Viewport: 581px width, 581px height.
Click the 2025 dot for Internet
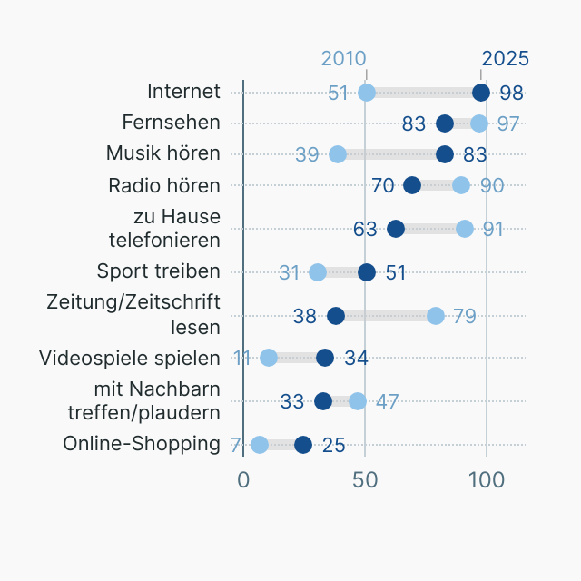(x=481, y=93)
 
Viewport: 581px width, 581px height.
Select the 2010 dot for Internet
(x=367, y=93)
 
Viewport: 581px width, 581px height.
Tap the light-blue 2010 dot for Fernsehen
(x=479, y=123)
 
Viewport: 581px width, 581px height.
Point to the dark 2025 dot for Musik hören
(x=445, y=154)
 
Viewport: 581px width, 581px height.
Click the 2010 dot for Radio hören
(x=461, y=185)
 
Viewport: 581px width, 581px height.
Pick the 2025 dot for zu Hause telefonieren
(x=396, y=229)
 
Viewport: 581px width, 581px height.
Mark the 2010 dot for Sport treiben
(x=318, y=272)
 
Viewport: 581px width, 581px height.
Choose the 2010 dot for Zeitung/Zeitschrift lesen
(x=436, y=316)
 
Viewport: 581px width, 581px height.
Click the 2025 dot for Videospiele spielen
(x=325, y=358)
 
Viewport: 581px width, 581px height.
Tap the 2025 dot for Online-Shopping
(x=303, y=445)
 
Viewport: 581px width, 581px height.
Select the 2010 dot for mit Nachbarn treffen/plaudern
(x=358, y=401)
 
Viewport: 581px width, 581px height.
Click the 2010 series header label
(x=344, y=58)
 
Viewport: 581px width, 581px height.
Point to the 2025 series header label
(x=505, y=58)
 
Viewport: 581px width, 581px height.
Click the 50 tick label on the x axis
(x=365, y=480)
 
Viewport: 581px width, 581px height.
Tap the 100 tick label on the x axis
(x=487, y=480)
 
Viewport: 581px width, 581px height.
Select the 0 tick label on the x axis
(x=243, y=480)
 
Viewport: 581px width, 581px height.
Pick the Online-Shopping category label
(x=142, y=444)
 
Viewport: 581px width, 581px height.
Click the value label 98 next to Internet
(x=511, y=94)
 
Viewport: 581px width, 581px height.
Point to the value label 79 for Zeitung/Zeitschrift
(x=465, y=317)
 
